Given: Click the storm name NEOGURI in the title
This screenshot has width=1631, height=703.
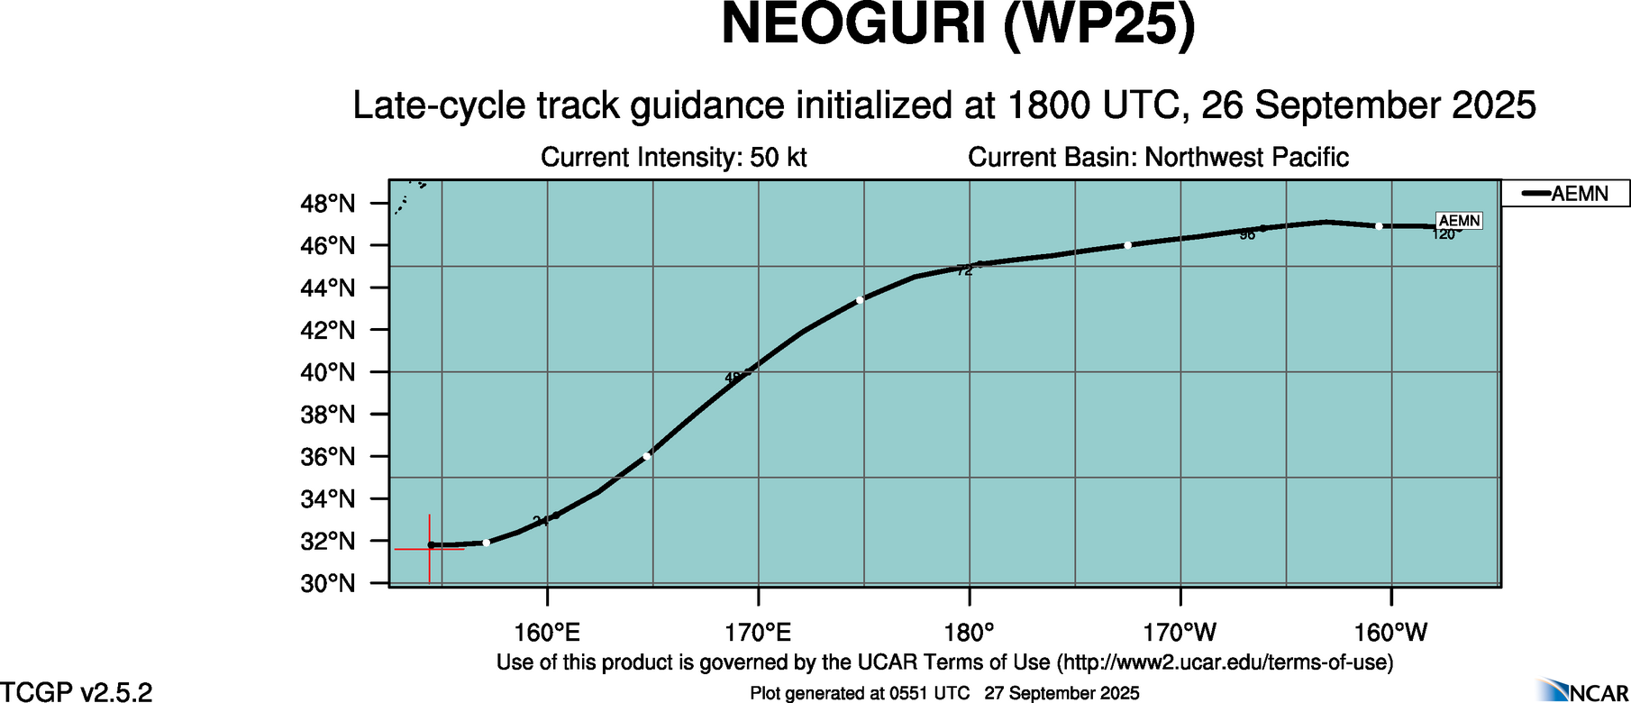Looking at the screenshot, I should tap(852, 24).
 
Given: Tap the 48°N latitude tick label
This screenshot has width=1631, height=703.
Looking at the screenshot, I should tap(327, 204).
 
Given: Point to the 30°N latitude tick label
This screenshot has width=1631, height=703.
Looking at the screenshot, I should tap(327, 584).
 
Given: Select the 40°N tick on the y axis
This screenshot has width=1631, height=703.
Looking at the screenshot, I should tap(327, 372).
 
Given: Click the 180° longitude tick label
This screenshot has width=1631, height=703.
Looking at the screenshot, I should tap(970, 633).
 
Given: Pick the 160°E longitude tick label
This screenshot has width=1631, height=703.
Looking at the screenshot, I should tap(548, 633).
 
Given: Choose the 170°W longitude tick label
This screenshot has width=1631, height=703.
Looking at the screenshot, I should tap(1180, 633).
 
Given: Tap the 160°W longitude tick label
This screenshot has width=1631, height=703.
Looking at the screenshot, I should tap(1391, 633).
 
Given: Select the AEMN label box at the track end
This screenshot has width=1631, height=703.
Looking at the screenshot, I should tap(1459, 221).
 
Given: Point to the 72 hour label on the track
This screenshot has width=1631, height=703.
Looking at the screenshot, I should tap(964, 270).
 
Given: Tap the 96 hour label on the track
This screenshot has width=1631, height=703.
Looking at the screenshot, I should tap(1247, 235).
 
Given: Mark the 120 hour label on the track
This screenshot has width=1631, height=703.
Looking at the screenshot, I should tap(1444, 235).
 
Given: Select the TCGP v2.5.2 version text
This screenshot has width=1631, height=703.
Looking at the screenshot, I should tap(77, 692).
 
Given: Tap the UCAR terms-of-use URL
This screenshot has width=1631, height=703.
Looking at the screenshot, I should tap(1225, 662).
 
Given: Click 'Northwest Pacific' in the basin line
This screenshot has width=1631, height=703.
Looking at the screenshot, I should tap(1246, 158).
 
